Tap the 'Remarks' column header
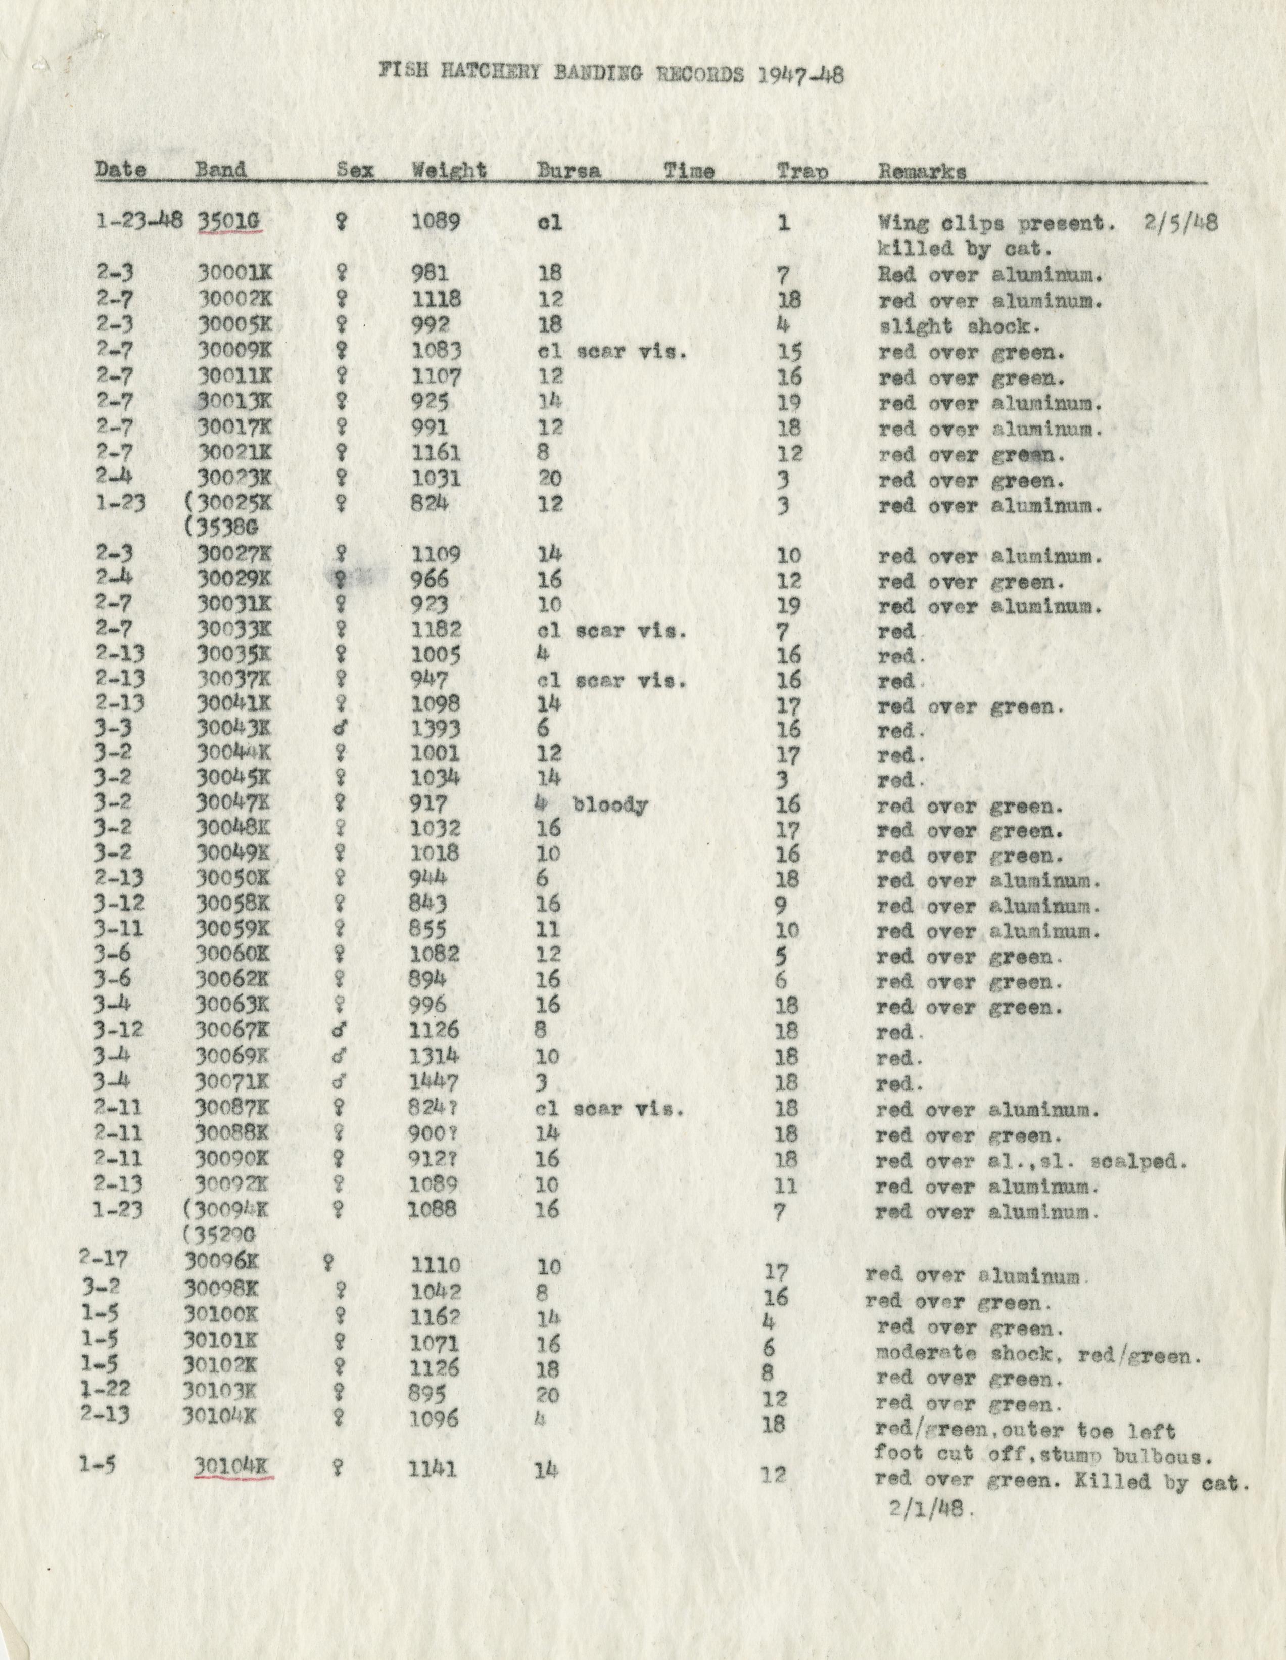[x=922, y=172]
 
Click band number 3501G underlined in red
[x=229, y=221]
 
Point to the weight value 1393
[x=436, y=729]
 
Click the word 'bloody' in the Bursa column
[x=610, y=805]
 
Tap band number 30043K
[x=233, y=728]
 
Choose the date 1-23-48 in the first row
[x=139, y=221]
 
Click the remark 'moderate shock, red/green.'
[x=1038, y=1354]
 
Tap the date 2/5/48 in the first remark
[x=1179, y=223]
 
